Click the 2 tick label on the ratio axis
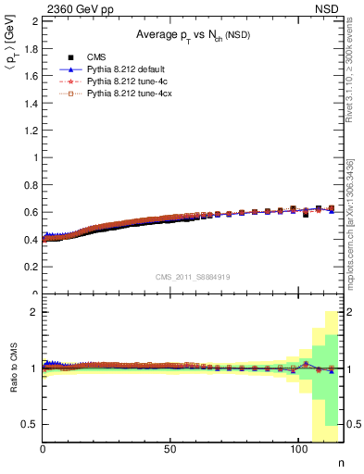point(35,312)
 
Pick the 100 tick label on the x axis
point(297,450)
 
